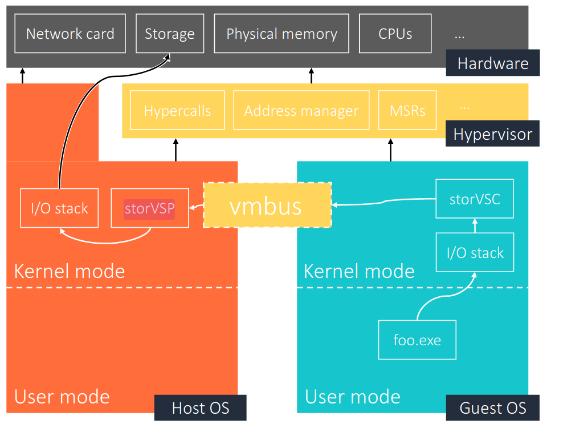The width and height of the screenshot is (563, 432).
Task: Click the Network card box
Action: click(x=70, y=34)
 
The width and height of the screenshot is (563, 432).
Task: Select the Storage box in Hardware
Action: click(x=169, y=34)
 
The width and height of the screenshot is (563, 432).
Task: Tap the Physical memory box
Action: click(x=281, y=34)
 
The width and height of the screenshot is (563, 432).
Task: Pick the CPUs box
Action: click(x=395, y=34)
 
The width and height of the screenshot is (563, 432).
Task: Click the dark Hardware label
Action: click(x=492, y=63)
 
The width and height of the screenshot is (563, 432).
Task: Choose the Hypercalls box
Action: click(x=177, y=110)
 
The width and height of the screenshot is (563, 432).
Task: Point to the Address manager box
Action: click(x=301, y=110)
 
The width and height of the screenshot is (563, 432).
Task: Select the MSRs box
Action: click(x=407, y=110)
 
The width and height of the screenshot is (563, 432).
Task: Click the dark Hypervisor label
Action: click(x=492, y=135)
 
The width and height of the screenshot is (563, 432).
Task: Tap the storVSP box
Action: click(x=149, y=208)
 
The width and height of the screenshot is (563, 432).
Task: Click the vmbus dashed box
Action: click(x=267, y=205)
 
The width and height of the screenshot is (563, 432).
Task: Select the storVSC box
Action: click(x=474, y=199)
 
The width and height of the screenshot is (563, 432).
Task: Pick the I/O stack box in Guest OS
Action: click(x=475, y=252)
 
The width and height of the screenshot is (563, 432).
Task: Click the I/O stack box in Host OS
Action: click(x=59, y=208)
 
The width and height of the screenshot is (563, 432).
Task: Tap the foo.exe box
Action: click(x=417, y=340)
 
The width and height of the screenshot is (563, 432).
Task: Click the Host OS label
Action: click(x=200, y=407)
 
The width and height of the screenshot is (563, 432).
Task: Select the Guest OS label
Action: click(x=492, y=407)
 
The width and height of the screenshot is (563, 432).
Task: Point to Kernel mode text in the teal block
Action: click(x=359, y=270)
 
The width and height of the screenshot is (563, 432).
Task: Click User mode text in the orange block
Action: click(x=62, y=396)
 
